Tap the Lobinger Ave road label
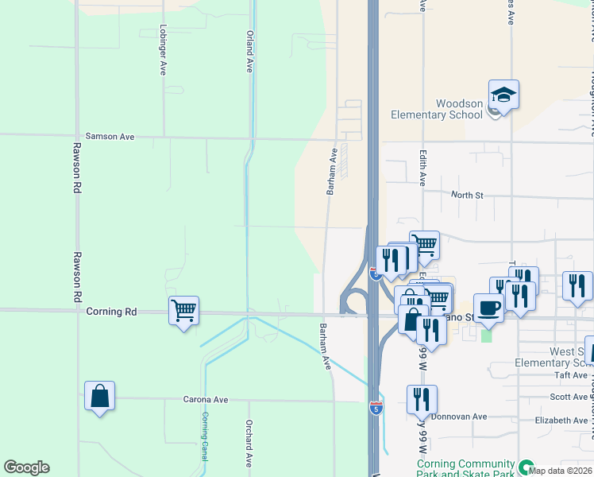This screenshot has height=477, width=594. (163, 55)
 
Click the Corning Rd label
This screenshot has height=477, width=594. (111, 312)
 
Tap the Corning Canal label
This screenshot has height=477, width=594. (204, 436)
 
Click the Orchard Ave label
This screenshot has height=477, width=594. (249, 443)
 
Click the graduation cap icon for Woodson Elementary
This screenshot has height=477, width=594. (503, 95)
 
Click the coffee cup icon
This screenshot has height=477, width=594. (488, 308)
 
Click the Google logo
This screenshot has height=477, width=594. (26, 467)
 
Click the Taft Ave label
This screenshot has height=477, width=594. (571, 375)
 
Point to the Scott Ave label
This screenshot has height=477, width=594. (569, 397)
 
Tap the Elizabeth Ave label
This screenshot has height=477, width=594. (561, 420)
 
